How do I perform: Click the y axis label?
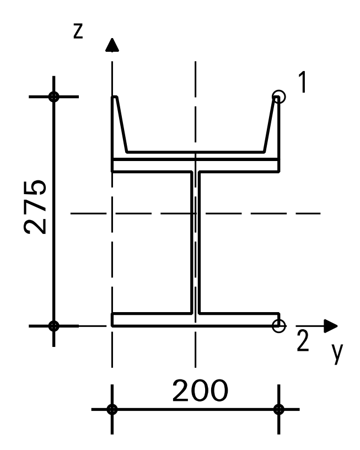pos(337,356)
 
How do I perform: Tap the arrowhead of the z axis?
pos(112,45)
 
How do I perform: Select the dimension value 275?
pos(35,207)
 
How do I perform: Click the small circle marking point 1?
pos(279,97)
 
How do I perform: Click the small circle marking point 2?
pos(279,325)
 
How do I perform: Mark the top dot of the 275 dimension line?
pos(53,97)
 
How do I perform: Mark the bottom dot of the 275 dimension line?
pos(53,325)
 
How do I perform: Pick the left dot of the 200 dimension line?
pos(112,409)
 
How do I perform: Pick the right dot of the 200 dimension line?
pos(279,409)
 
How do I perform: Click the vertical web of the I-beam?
pos(195,243)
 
